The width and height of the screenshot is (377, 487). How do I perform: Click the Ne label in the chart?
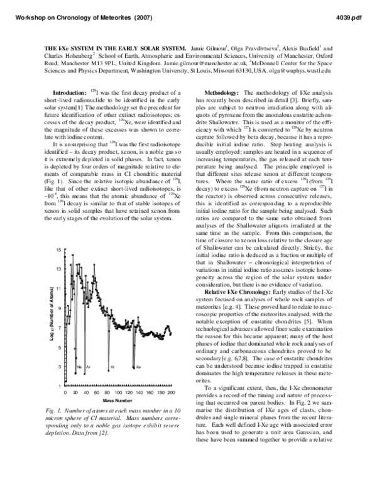[x=79, y=366]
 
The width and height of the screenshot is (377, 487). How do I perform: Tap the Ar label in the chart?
[x=88, y=366]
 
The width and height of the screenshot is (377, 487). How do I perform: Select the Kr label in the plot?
[x=112, y=366]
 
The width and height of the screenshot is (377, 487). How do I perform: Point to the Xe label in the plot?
[x=139, y=366]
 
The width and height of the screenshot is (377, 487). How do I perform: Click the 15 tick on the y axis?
[x=58, y=250]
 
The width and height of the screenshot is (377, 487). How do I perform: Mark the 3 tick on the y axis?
[x=59, y=366]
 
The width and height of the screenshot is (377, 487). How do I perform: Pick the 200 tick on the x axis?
[x=171, y=392]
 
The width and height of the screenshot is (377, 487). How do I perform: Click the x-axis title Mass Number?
[x=117, y=399]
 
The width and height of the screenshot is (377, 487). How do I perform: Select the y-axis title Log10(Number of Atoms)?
[x=50, y=317]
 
